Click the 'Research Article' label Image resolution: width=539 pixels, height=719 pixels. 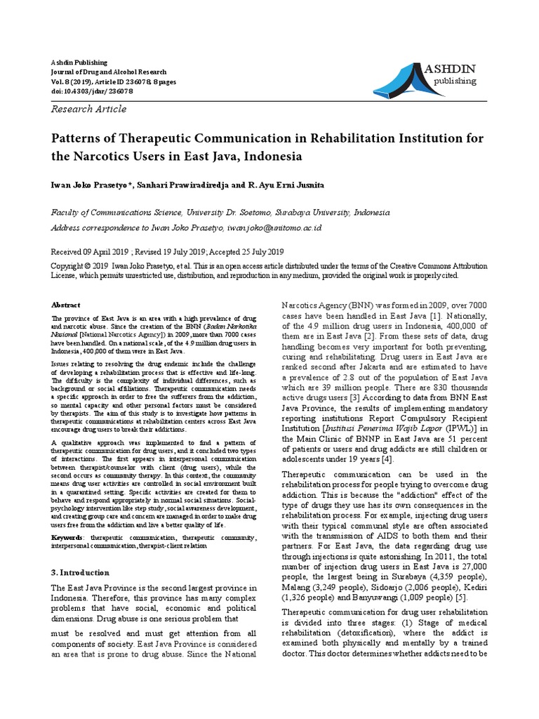tap(90, 109)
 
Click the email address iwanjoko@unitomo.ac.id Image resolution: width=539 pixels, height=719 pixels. tap(277, 228)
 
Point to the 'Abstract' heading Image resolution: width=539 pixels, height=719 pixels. tap(67, 305)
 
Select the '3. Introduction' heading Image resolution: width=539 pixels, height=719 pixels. tap(81, 572)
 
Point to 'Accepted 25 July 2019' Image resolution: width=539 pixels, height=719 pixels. tap(246, 251)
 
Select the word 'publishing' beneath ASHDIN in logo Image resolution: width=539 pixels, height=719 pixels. tap(455, 81)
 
